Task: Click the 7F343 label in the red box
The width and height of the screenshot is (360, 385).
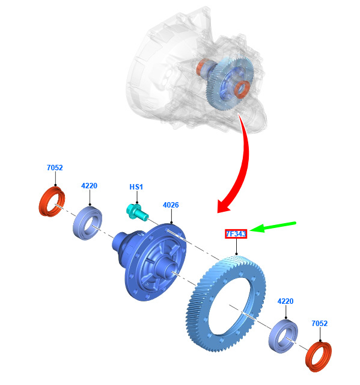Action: pyautogui.click(x=236, y=234)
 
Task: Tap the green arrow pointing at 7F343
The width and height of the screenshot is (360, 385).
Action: pyautogui.click(x=273, y=227)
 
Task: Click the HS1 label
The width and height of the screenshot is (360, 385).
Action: pyautogui.click(x=136, y=187)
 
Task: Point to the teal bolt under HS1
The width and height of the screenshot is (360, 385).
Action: pyautogui.click(x=137, y=212)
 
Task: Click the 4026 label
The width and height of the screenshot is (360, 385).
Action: pyautogui.click(x=171, y=205)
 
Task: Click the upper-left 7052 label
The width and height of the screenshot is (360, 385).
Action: pyautogui.click(x=55, y=167)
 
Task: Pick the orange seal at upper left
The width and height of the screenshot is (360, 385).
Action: pyautogui.click(x=52, y=202)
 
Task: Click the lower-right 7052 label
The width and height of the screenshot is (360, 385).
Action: pyautogui.click(x=320, y=324)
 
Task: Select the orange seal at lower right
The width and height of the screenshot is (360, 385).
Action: pyautogui.click(x=319, y=357)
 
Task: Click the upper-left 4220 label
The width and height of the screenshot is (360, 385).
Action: pyautogui.click(x=89, y=186)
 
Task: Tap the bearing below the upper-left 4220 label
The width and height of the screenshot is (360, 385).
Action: pyautogui.click(x=87, y=223)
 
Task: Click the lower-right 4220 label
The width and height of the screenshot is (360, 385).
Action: pyautogui.click(x=285, y=301)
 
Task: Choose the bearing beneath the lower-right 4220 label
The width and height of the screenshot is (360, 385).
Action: pyautogui.click(x=283, y=336)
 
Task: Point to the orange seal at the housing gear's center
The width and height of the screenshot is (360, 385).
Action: pyautogui.click(x=243, y=90)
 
